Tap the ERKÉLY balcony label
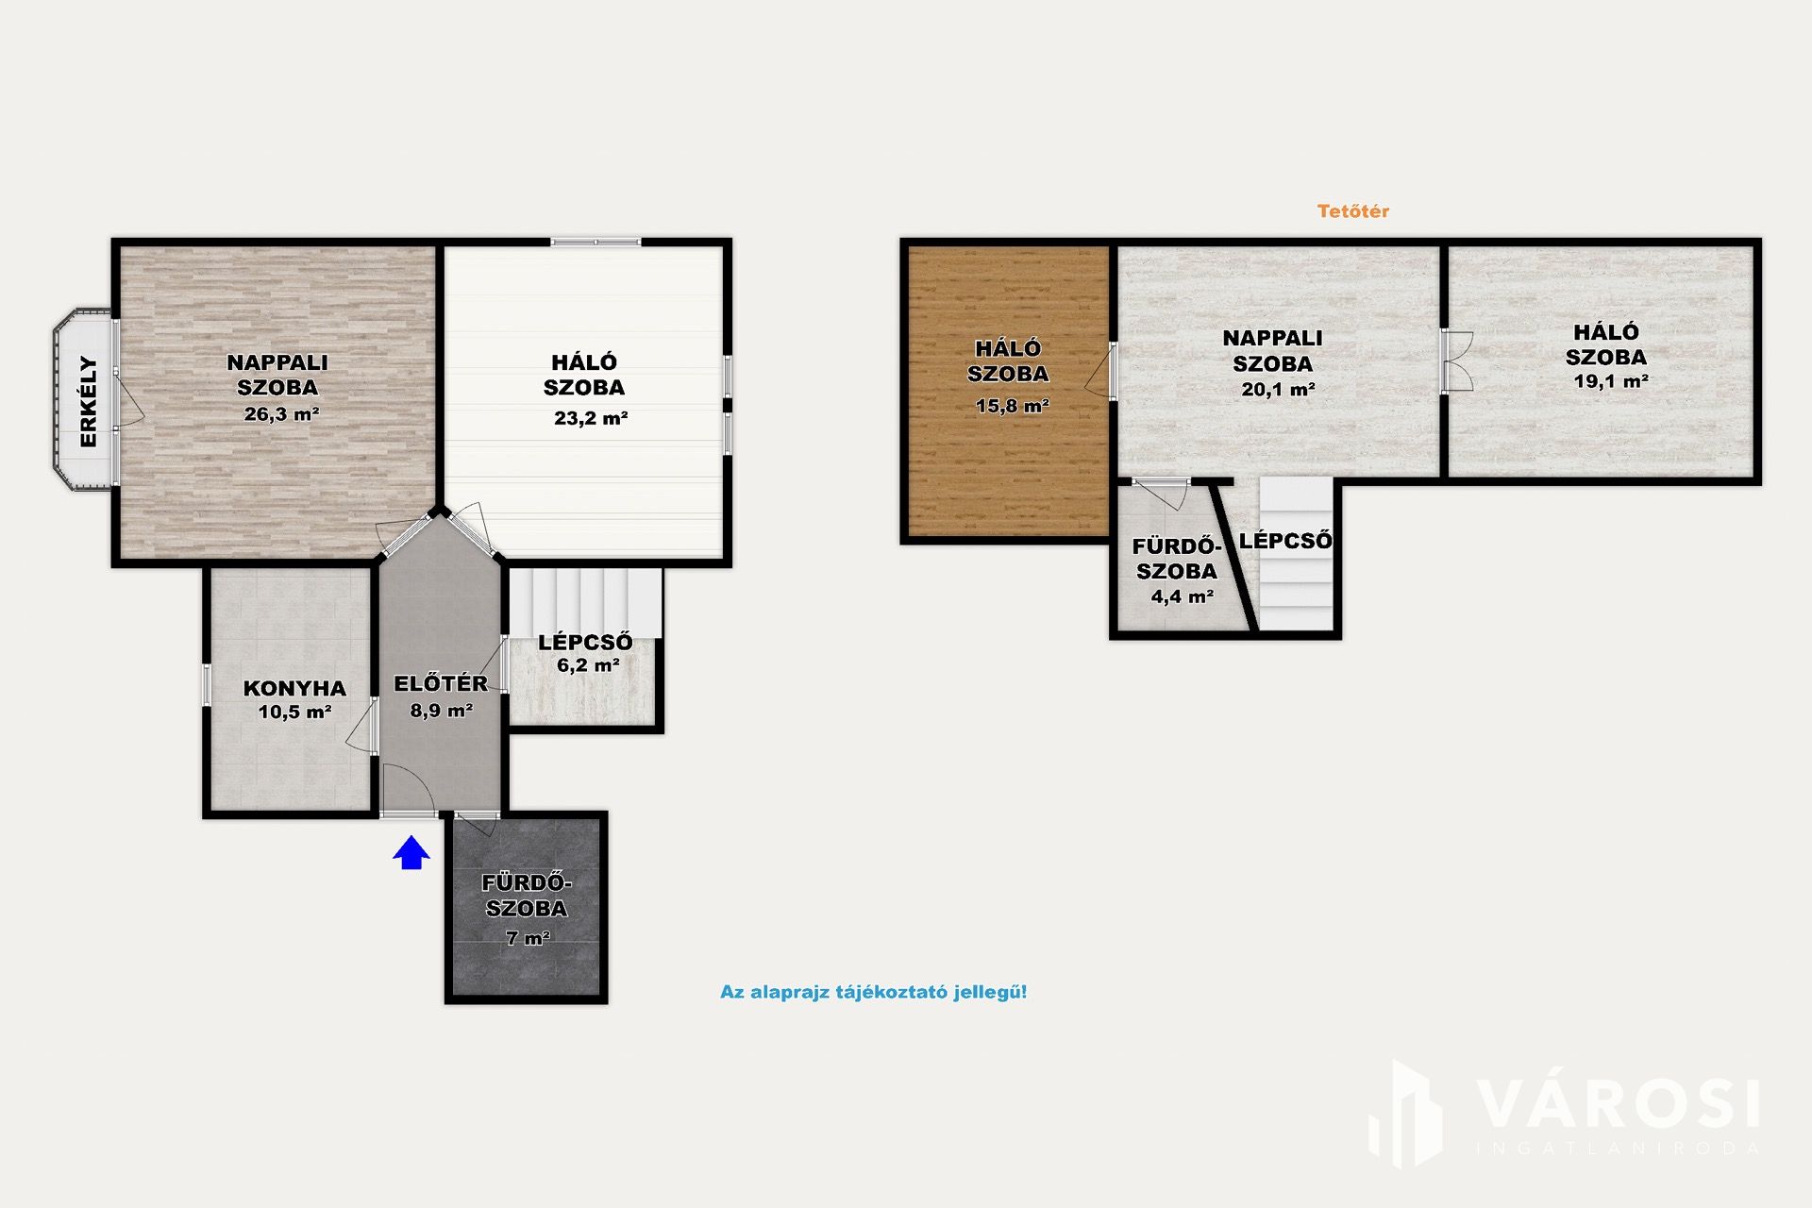point(88,401)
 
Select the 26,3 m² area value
point(281,413)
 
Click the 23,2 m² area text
point(591,418)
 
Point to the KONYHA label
point(294,689)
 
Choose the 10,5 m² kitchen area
point(294,713)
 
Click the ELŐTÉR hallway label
point(441,683)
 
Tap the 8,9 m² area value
point(441,711)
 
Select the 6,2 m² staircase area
point(588,665)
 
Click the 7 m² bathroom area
point(528,938)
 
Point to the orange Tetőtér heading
point(1353,211)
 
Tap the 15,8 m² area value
point(1013,407)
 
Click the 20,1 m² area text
point(1278,389)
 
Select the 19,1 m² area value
point(1611,382)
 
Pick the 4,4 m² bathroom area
point(1182,596)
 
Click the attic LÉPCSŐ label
point(1285,541)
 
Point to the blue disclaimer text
point(873,992)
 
